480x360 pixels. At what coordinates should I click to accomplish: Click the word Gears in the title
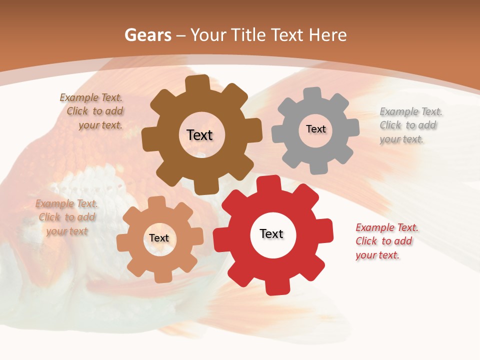coord(148,35)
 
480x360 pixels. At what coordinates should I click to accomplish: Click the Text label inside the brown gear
coord(199,135)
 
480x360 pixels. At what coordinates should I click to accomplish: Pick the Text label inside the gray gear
coord(315,129)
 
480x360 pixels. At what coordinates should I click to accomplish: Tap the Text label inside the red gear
coord(271,234)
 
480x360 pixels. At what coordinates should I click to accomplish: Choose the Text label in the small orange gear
coord(159,238)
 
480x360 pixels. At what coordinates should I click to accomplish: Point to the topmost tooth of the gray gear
coord(313,93)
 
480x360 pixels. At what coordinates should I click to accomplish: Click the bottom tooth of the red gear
coord(275,287)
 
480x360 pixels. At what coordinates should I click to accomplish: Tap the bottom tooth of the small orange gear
coord(161,276)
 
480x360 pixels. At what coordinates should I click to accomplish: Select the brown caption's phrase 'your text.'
coord(100,125)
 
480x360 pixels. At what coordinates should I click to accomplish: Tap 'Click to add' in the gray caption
coord(408,125)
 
